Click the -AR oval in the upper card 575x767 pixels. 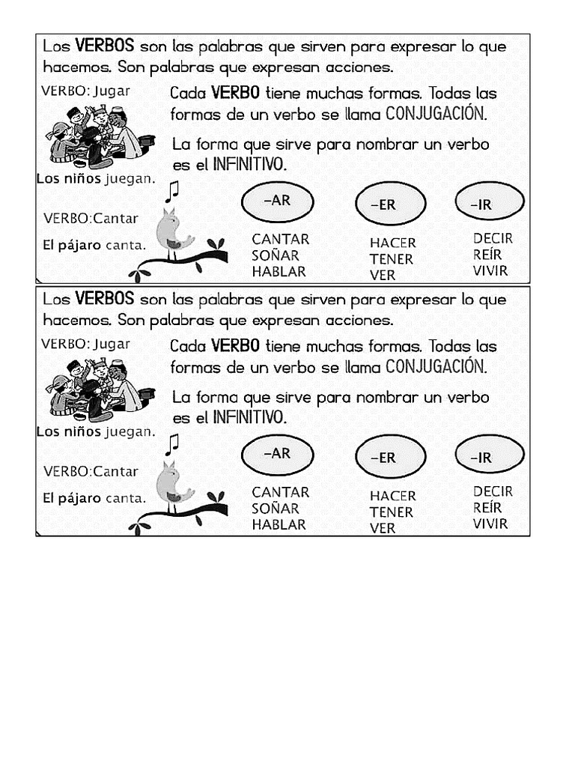click(278, 201)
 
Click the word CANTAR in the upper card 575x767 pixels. click(280, 239)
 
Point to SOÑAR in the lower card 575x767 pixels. click(275, 509)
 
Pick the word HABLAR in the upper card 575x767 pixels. click(279, 272)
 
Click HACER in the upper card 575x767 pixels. click(392, 243)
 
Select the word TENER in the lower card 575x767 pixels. click(391, 512)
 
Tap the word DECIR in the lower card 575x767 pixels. click(493, 491)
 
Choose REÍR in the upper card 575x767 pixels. click(487, 255)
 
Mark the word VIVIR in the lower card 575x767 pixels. click(490, 524)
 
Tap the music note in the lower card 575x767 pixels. click(172, 444)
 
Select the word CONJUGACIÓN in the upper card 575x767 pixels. click(436, 115)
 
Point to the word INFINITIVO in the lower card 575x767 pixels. click(249, 417)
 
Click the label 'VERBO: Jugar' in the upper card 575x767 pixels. click(85, 91)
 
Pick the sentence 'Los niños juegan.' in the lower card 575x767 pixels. click(96, 432)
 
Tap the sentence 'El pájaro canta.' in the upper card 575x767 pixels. click(94, 245)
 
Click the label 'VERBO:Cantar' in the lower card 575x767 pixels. click(91, 472)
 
